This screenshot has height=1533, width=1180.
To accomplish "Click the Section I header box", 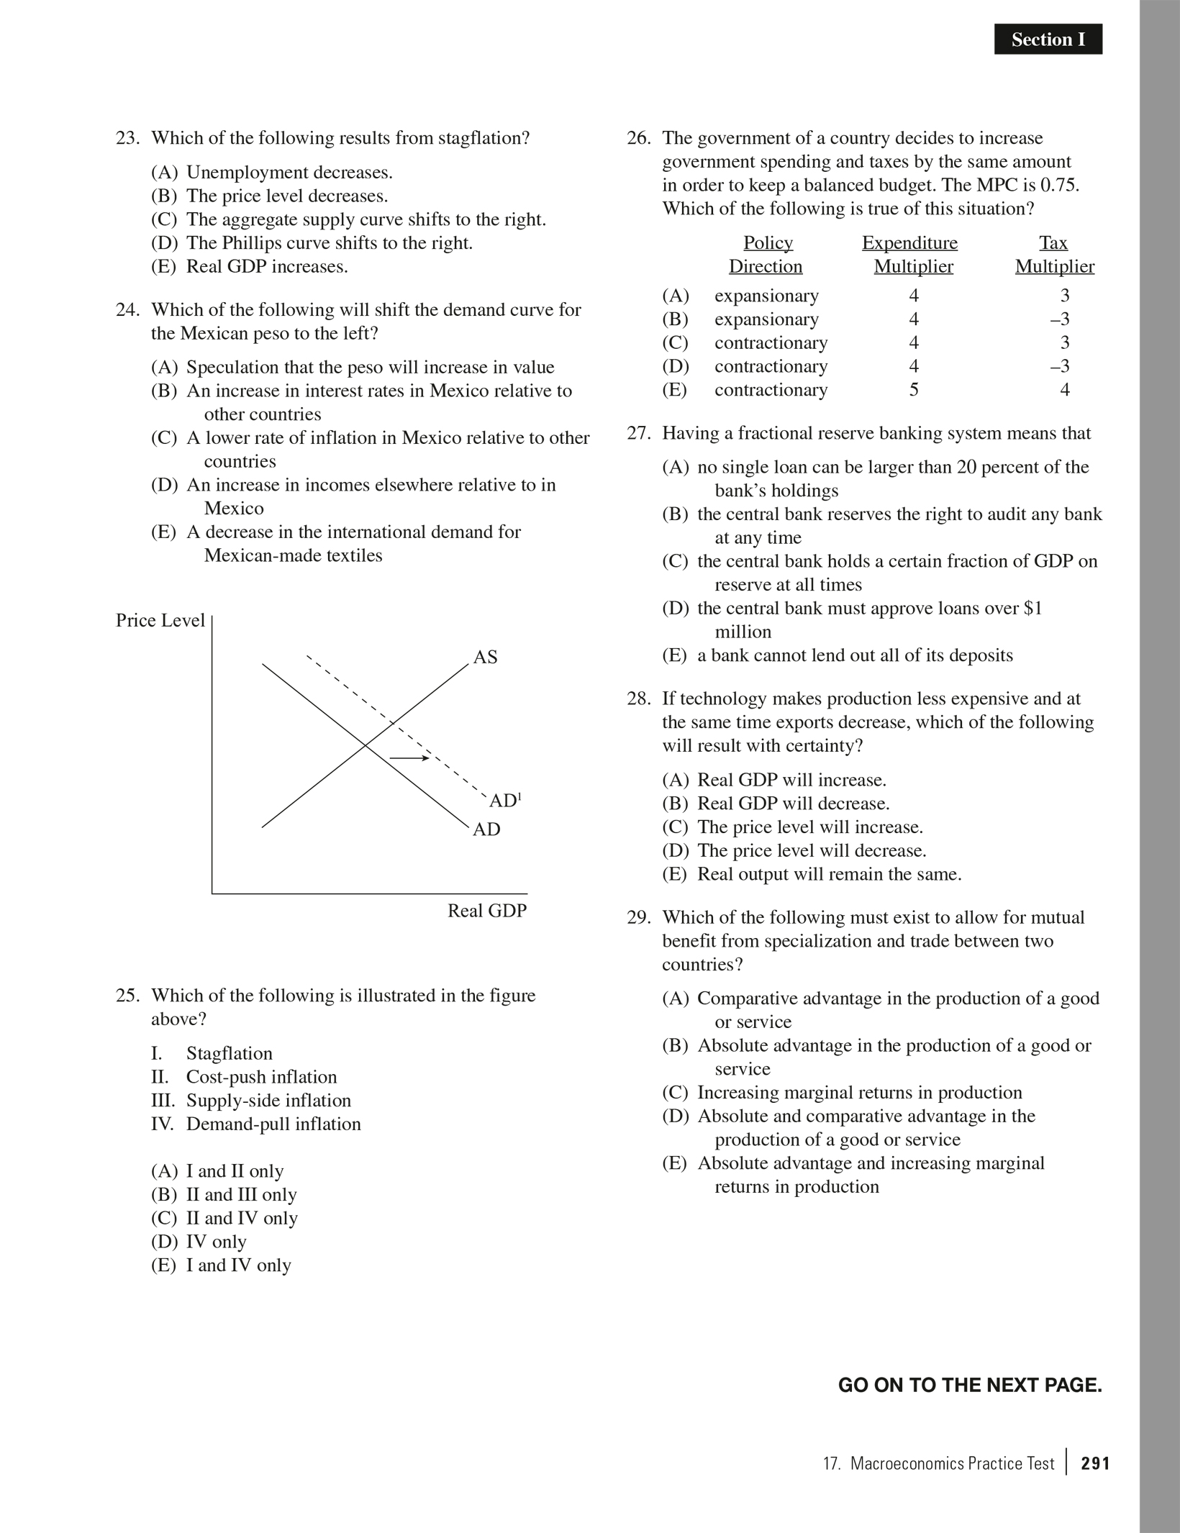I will click(x=1048, y=40).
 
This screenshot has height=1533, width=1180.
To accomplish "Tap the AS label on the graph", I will click(x=485, y=658).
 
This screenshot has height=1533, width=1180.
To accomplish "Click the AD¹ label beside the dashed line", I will click(x=504, y=801).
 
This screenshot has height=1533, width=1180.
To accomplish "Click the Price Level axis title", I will click(x=160, y=621).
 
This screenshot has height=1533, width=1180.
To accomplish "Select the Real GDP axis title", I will click(x=487, y=911).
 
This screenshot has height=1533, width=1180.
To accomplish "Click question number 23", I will click(x=127, y=138).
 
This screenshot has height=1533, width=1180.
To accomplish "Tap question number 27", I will click(x=638, y=434).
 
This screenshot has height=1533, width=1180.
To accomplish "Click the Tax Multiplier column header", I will click(x=1054, y=255).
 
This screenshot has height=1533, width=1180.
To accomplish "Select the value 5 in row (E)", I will click(x=914, y=390).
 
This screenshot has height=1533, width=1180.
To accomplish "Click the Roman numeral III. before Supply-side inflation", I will click(x=164, y=1101).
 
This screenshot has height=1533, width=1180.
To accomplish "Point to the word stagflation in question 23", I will click(x=484, y=138).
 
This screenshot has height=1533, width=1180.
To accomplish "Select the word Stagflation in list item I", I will click(x=230, y=1054).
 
